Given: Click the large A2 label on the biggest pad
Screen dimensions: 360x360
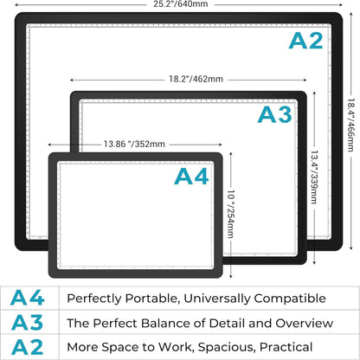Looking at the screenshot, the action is click(305, 41).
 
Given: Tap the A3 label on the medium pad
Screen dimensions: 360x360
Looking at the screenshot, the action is click(274, 114).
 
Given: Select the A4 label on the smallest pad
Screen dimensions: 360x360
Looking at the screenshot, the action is click(191, 177).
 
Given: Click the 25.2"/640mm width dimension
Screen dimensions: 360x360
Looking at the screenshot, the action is click(181, 3).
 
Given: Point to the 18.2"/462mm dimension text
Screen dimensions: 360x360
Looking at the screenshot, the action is click(196, 79).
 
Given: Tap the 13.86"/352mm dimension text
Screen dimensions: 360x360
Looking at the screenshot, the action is click(134, 144).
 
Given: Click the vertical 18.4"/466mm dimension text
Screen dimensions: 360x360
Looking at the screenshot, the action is click(350, 125).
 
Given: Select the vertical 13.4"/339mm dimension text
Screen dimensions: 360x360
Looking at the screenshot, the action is click(314, 177).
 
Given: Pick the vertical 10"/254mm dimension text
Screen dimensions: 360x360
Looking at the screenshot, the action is click(231, 214).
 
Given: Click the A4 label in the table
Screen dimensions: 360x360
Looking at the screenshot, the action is click(27, 298).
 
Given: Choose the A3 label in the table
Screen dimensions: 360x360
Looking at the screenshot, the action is click(27, 323).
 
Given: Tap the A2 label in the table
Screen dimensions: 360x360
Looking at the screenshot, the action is click(27, 347).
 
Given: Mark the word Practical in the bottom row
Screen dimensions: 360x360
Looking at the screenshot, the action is click(286, 347).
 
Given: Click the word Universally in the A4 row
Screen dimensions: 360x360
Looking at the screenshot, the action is click(217, 299).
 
